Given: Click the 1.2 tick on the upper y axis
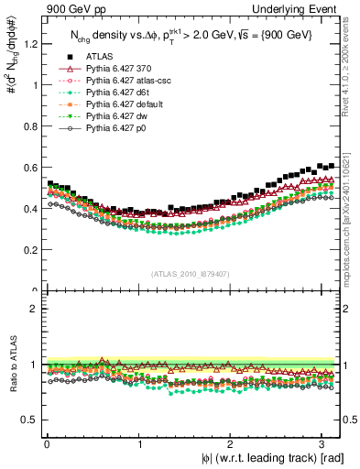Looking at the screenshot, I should [31, 44].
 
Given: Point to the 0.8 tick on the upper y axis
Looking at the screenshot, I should [31, 126].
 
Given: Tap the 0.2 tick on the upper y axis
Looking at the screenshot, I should [31, 250].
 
